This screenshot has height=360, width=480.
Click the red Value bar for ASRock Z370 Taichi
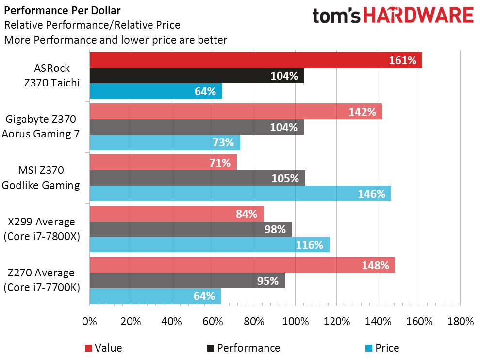click(256, 60)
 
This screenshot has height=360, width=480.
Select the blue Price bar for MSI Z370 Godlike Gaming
click(240, 193)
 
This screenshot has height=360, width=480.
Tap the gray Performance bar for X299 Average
click(191, 229)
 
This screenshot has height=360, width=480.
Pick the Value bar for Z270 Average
click(242, 265)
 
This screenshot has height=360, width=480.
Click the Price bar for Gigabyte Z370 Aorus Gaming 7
click(165, 142)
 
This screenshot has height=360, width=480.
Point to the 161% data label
click(402, 60)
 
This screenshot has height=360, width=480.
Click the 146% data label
click(372, 194)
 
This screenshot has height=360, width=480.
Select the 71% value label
click(220, 163)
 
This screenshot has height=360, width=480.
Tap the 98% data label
click(275, 229)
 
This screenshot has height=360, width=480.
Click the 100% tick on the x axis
click(296, 322)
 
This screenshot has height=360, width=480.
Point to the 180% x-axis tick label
click(461, 322)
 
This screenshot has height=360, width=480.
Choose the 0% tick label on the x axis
click(89, 322)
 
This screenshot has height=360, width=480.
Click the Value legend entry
click(103, 348)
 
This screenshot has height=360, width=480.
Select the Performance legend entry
click(244, 348)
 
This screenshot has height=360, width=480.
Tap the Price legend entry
click(382, 348)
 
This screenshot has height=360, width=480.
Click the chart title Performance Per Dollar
click(63, 10)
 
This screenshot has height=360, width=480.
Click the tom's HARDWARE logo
click(393, 16)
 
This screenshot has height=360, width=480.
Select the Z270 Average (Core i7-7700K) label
click(42, 280)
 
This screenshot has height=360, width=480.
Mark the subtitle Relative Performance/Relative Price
click(92, 25)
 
